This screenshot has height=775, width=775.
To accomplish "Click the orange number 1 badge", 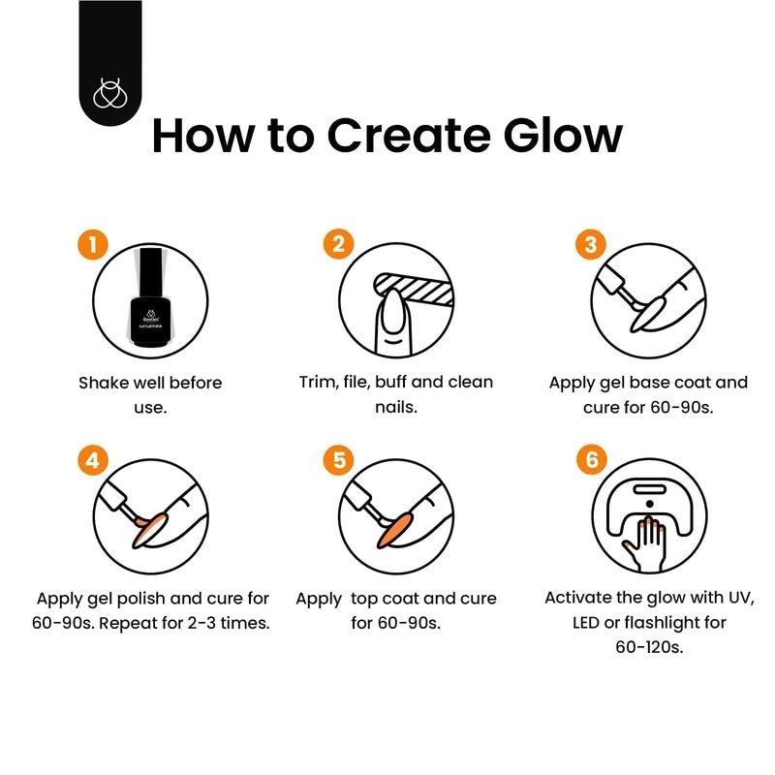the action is click(92, 244).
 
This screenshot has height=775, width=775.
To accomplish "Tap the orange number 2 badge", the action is click(338, 244).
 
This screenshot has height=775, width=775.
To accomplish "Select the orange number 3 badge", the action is click(591, 245).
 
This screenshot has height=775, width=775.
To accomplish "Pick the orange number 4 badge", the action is click(93, 460).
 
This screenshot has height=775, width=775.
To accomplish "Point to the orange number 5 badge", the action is click(338, 460).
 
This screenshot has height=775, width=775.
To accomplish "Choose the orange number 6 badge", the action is click(592, 459).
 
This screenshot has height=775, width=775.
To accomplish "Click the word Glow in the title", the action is click(563, 135).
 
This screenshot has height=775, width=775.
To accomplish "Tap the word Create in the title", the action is click(409, 135).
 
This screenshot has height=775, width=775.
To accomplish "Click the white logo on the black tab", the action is click(110, 93).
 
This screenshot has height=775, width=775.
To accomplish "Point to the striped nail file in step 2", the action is click(414, 288).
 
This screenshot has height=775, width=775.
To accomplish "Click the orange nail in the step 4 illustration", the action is click(149, 530).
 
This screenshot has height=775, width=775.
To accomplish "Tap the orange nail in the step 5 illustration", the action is click(395, 530).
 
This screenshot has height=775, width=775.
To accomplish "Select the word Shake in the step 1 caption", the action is click(103, 383).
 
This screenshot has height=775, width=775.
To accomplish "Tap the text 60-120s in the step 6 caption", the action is click(649, 647).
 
